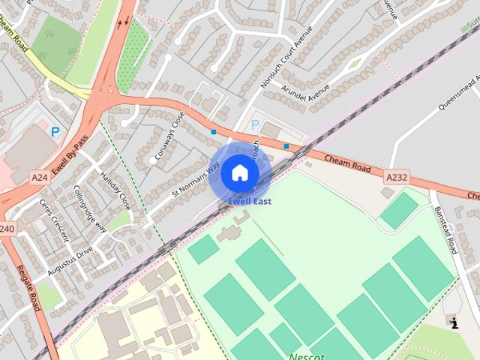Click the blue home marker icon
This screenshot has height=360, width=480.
click(x=240, y=173)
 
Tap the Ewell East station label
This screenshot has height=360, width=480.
click(x=250, y=201)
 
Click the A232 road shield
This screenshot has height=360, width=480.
click(x=397, y=177)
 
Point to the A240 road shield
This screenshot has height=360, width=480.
click(x=6, y=228)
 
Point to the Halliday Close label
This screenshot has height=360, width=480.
click(x=115, y=190)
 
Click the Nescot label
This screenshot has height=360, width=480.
click(x=307, y=355)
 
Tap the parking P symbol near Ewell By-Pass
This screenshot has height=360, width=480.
click(x=55, y=131)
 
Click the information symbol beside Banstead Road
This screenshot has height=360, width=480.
click(x=454, y=322)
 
